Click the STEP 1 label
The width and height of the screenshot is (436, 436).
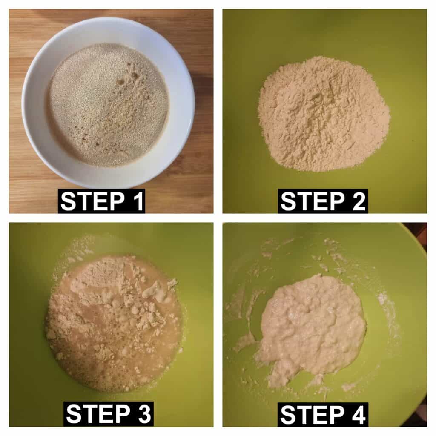coord(101,201)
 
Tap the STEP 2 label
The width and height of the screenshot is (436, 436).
coord(323,201)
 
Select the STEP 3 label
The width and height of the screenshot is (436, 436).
coord(109,414)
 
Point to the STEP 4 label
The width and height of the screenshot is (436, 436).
coord(323,414)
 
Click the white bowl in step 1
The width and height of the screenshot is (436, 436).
coord(108,103)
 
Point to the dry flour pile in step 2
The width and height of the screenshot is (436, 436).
coord(324,114)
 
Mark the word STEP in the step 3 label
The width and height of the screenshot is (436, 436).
coord(98,414)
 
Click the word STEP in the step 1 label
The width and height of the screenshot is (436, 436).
coord(92,201)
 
